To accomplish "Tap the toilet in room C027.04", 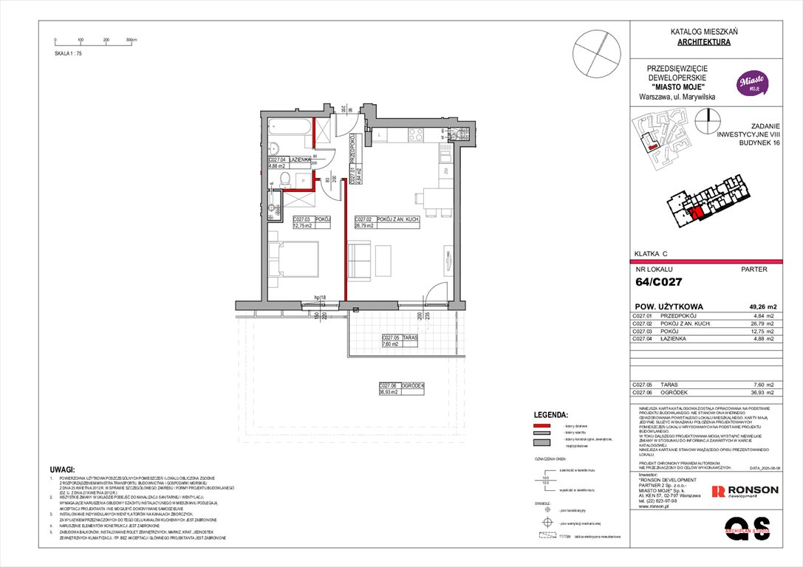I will pos(273,145).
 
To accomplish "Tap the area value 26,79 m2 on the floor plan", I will pos(366,226).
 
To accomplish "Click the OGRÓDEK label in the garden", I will pos(412,385).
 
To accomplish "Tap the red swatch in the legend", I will pos(544,427).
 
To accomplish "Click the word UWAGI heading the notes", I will pos(63,470).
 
